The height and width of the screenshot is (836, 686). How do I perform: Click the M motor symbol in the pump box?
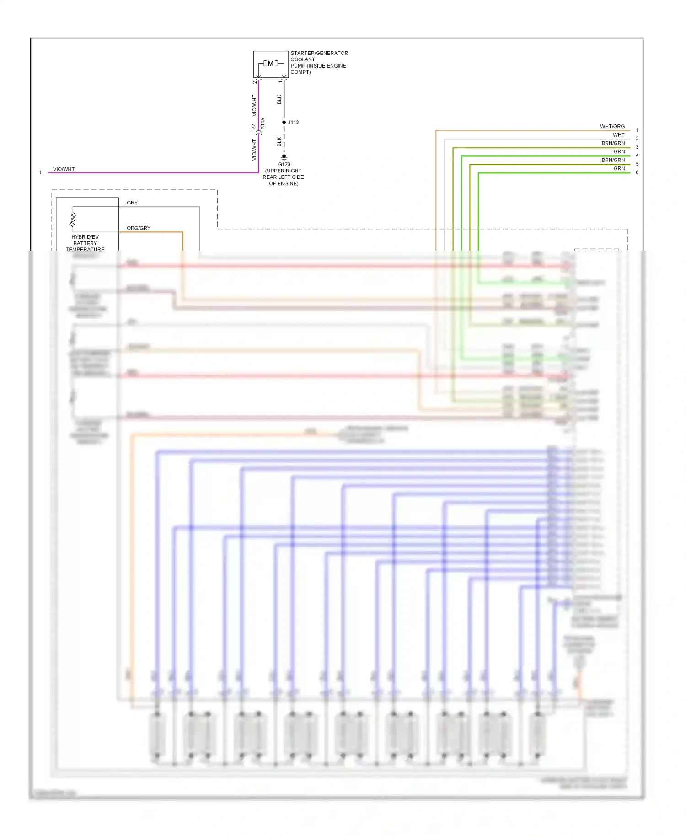coord(270,64)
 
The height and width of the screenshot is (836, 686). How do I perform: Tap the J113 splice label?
coord(294,123)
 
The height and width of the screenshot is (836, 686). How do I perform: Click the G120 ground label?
coord(284,165)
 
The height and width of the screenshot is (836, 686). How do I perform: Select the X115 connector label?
coord(263,123)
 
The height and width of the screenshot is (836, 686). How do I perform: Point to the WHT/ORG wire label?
coord(612,127)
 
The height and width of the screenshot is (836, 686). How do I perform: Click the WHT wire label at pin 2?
coord(618,135)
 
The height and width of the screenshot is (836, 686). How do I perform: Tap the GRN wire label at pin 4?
coord(619,152)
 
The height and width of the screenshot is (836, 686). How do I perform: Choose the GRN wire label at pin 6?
coord(619,169)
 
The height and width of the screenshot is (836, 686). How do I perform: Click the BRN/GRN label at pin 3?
coord(613,144)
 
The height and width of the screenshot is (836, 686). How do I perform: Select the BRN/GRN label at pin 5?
coord(613,160)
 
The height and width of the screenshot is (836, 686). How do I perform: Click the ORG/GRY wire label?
coord(139,228)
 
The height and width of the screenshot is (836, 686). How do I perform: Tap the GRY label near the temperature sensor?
coord(132,203)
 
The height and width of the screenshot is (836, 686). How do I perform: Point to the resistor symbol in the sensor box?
coord(73,220)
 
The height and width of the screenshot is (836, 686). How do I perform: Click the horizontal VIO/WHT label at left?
coord(64,169)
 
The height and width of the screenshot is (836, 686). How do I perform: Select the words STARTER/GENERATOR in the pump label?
coord(319,54)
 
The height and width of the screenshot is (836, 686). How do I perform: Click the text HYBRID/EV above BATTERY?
coord(85,237)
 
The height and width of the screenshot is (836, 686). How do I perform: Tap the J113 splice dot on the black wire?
coord(284,123)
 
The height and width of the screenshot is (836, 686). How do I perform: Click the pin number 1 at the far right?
coord(637,130)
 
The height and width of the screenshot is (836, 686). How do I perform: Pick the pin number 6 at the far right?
coord(637,172)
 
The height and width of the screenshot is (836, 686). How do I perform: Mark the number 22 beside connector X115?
coord(253,127)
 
